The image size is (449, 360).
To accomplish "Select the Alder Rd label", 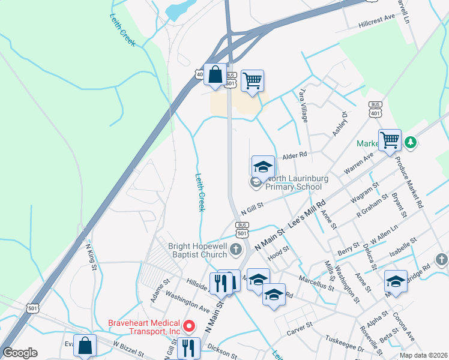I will point(295,155).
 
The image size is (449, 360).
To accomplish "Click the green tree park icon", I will point(411,143).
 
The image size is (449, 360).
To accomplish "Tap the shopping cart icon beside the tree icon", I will point(390,140).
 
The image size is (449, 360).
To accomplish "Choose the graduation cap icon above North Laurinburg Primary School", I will point(263,167).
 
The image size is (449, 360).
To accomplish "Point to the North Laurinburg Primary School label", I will point(294,182).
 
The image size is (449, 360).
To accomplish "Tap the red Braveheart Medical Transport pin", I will point(189,326).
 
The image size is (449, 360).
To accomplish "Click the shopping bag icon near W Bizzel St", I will point(85,346).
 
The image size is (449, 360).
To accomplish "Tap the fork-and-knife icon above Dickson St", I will point(188,347).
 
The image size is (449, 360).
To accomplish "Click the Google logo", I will point(20,353).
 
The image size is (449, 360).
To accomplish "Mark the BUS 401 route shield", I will point(376,108).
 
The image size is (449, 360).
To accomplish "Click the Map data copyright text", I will point(423,355).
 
